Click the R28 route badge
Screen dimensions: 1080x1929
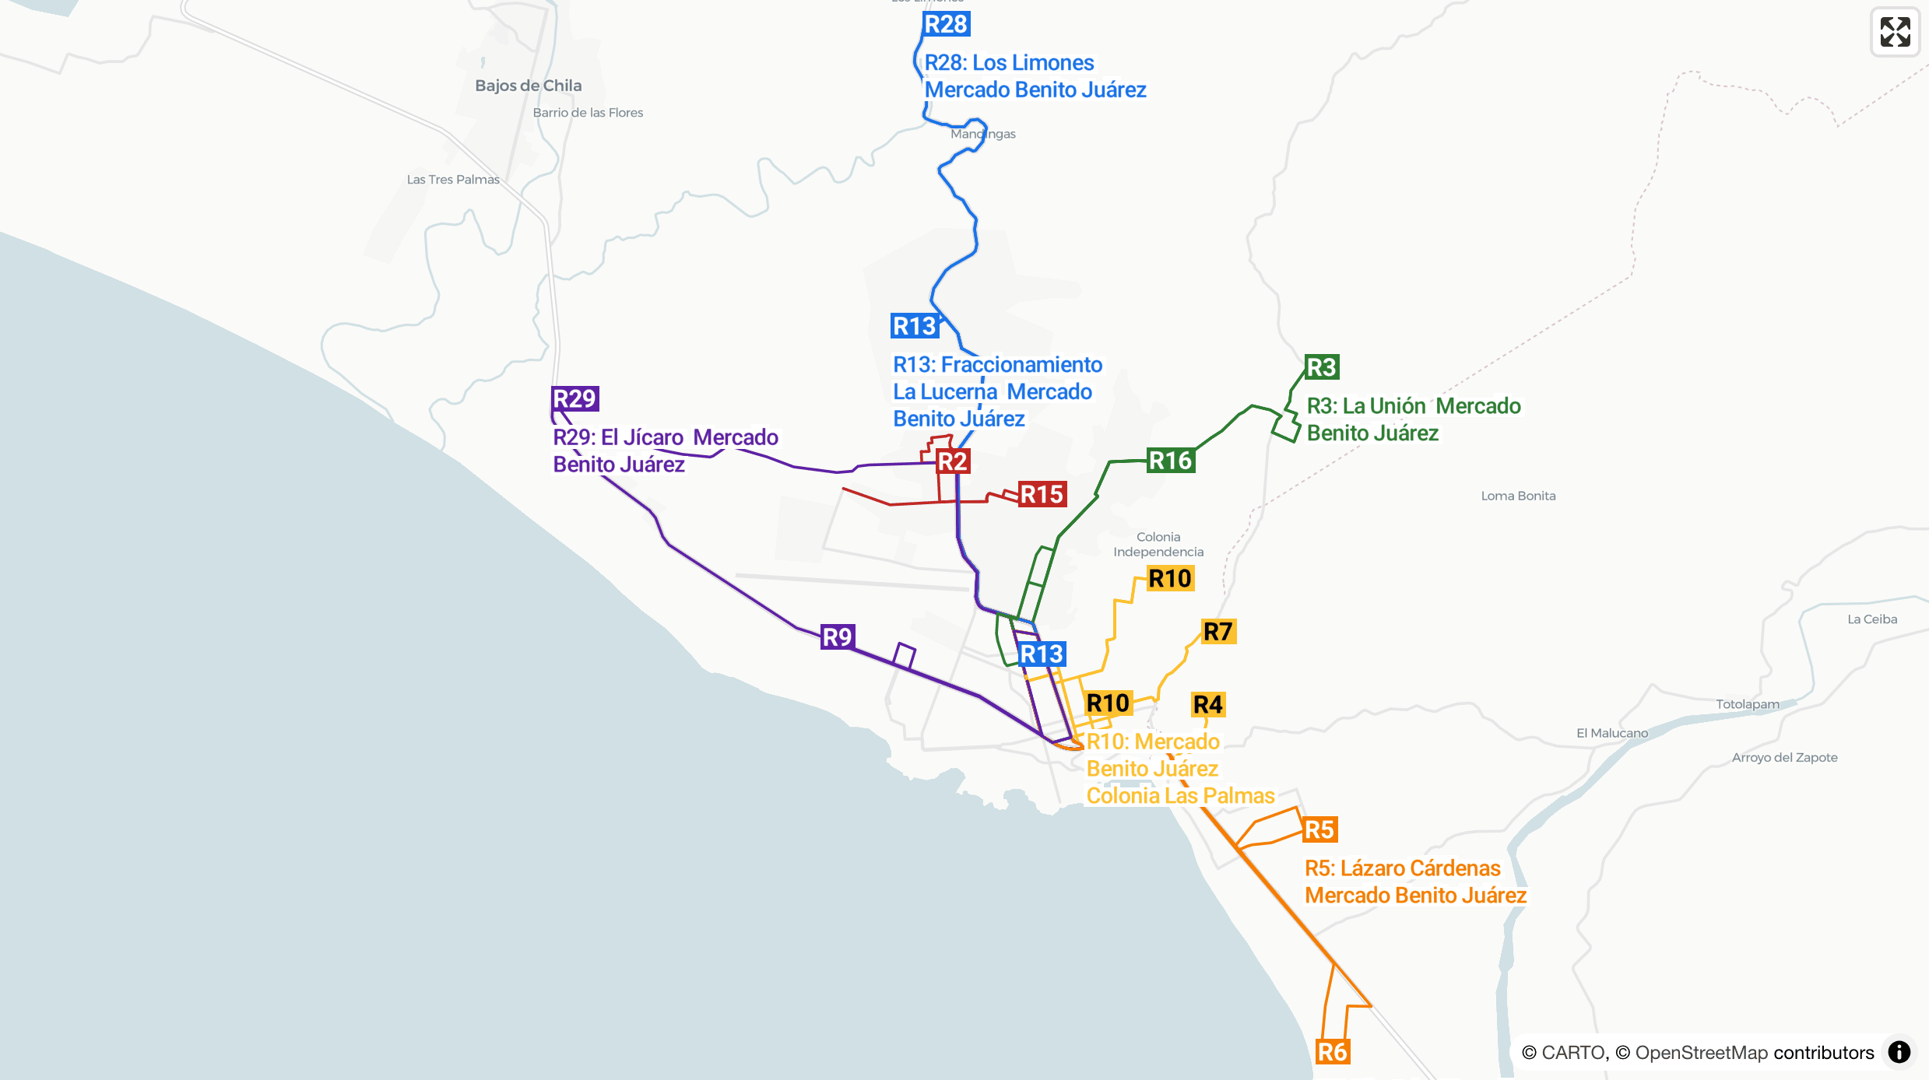click(x=946, y=24)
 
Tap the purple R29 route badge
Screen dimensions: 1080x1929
click(x=574, y=398)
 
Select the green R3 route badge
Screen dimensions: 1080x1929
click(x=1321, y=366)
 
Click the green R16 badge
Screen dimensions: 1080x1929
click(x=1171, y=461)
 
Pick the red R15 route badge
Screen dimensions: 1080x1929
click(x=1042, y=494)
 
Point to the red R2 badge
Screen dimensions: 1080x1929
click(x=952, y=461)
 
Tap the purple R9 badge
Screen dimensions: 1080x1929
click(x=838, y=637)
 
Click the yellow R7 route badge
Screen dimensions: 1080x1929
click(x=1218, y=631)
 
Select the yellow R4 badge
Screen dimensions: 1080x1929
click(x=1208, y=704)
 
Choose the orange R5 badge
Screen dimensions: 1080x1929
click(x=1319, y=829)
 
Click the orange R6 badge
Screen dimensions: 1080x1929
click(x=1332, y=1052)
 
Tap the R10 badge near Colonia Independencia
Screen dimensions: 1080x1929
click(x=1170, y=578)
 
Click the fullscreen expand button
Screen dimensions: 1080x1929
click(x=1895, y=32)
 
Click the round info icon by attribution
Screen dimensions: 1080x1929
click(x=1899, y=1052)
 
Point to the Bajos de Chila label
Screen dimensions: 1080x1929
click(x=528, y=86)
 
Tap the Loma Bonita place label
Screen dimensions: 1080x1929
click(x=1518, y=496)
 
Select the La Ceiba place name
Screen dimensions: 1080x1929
click(x=1872, y=619)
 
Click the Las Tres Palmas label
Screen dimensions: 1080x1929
click(x=453, y=180)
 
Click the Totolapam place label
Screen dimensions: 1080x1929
click(x=1748, y=704)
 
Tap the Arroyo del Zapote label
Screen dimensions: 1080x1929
click(x=1784, y=758)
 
